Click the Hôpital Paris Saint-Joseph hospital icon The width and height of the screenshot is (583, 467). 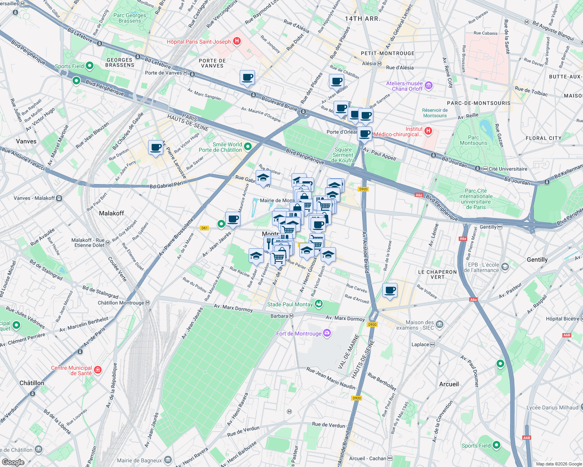237,41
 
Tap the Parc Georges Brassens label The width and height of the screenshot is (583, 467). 130,18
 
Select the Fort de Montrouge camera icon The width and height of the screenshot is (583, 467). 327,333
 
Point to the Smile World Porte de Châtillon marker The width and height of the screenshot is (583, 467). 247,147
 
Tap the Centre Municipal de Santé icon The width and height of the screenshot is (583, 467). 98,370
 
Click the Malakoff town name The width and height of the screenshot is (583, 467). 111,213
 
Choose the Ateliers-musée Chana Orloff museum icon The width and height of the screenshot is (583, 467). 428,86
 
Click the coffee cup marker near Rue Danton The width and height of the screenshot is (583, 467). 155,148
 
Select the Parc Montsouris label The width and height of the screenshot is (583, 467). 473,140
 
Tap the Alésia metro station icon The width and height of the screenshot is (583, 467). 379,63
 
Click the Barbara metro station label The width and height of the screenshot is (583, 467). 279,316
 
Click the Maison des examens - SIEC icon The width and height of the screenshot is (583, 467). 440,324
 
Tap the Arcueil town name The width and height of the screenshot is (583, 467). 449,384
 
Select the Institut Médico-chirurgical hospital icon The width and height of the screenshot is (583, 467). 428,131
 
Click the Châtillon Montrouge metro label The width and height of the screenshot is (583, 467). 121,303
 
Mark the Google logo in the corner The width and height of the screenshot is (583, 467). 13,462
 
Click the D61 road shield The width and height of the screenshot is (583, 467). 204,228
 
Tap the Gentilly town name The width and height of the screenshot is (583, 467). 537,260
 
